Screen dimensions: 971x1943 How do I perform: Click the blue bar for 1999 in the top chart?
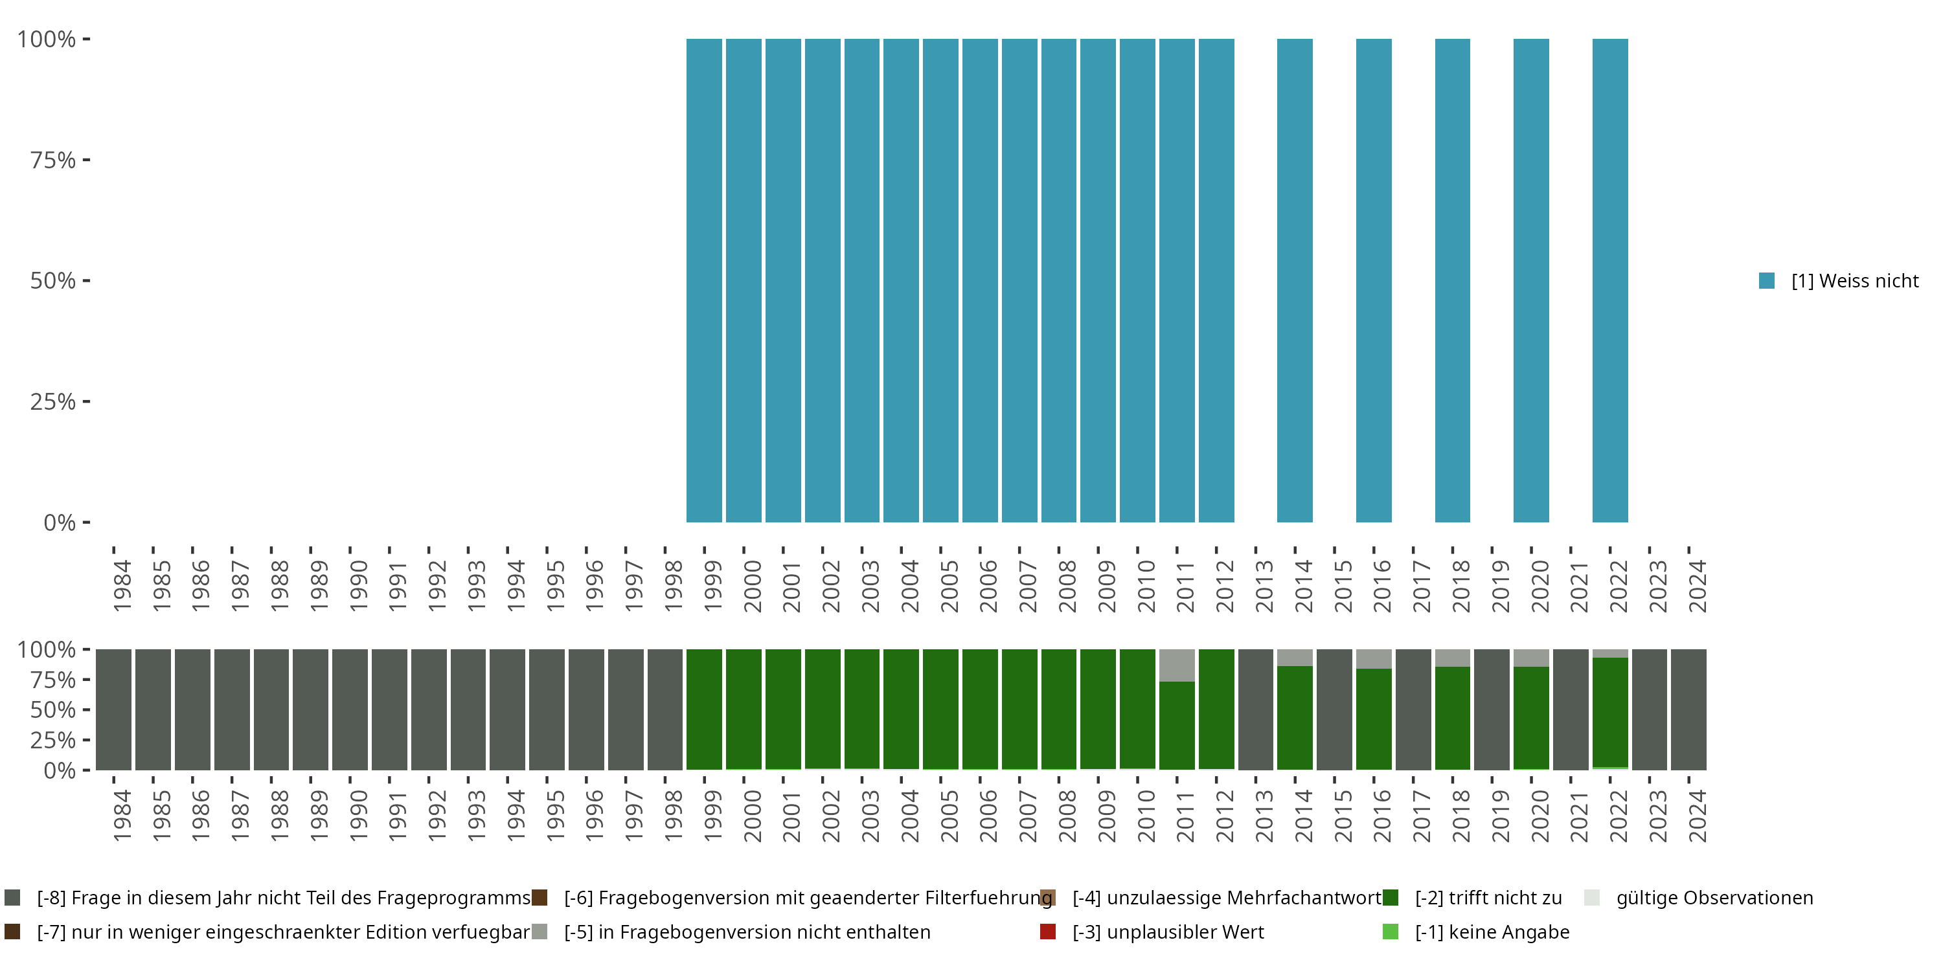(x=704, y=280)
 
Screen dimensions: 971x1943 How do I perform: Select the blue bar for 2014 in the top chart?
(x=1294, y=280)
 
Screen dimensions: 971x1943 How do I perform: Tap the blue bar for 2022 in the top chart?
(x=1609, y=280)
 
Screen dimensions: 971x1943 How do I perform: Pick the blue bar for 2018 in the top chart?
(x=1452, y=280)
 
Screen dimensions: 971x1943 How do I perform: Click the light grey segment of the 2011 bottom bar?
(x=1177, y=665)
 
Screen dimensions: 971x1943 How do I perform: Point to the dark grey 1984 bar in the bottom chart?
(x=113, y=709)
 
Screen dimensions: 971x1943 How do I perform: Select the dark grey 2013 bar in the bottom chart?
(x=1255, y=709)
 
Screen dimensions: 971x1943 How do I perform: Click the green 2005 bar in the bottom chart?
(x=940, y=709)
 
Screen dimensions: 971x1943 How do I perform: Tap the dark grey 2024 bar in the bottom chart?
(x=1688, y=709)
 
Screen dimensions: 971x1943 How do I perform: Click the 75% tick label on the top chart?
(x=53, y=160)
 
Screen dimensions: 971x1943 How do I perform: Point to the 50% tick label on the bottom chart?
(x=53, y=710)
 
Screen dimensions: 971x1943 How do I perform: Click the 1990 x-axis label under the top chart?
(x=358, y=586)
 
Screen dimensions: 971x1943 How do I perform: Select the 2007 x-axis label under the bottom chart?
(x=1027, y=816)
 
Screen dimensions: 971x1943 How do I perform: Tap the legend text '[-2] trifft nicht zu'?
(x=1488, y=898)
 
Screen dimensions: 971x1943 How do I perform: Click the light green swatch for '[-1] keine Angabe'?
(x=1390, y=932)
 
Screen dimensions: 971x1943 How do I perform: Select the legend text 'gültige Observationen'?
(x=1714, y=898)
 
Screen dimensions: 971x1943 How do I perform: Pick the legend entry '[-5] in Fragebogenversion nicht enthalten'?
(x=747, y=932)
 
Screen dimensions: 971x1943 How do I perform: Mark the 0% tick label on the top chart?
(x=60, y=522)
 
